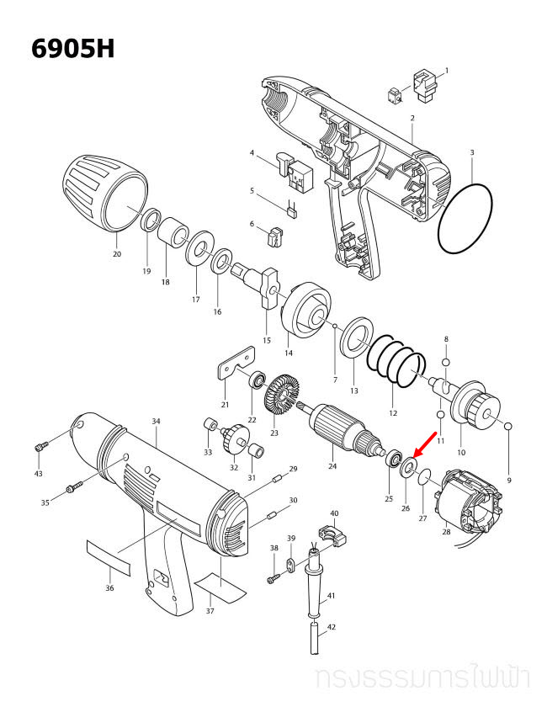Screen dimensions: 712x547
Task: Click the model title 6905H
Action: tap(72, 48)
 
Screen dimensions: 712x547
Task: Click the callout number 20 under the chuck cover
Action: tap(116, 253)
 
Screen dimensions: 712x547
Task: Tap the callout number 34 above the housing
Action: tap(156, 421)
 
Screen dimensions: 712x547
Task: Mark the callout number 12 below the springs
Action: tap(393, 413)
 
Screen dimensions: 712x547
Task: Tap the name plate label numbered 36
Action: tap(109, 556)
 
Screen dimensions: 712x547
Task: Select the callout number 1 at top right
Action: tap(446, 71)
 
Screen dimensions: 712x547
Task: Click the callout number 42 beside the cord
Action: tap(332, 627)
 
